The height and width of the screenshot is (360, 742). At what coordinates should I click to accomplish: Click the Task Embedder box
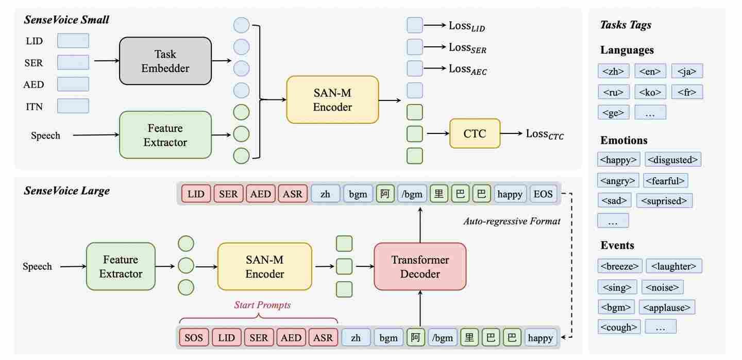[x=165, y=61]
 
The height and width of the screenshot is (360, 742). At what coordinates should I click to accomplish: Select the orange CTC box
[x=475, y=133]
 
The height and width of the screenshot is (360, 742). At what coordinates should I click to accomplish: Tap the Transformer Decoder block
[x=419, y=266]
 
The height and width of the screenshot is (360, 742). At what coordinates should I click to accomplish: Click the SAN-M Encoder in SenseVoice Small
[x=332, y=100]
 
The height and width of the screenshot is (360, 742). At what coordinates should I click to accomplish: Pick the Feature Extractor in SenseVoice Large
[x=121, y=266]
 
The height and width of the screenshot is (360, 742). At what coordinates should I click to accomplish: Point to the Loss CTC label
[x=545, y=134]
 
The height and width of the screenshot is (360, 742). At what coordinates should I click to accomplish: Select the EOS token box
[x=543, y=194]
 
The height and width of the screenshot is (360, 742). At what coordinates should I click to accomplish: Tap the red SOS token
[x=194, y=338]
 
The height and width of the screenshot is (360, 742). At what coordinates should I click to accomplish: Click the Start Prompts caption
[x=262, y=305]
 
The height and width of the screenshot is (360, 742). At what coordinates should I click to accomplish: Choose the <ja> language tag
[x=687, y=71]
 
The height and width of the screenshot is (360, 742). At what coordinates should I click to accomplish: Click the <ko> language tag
[x=650, y=92]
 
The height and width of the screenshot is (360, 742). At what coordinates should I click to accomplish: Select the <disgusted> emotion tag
[x=673, y=160]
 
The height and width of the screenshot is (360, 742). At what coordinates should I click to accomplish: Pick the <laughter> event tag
[x=673, y=266]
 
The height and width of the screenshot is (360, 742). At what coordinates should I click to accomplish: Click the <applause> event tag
[x=667, y=307]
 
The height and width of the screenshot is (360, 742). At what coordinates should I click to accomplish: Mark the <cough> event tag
[x=619, y=327]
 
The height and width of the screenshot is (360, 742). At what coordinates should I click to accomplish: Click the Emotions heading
[x=624, y=140]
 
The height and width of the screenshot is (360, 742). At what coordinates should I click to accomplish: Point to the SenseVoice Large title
[x=66, y=191]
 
